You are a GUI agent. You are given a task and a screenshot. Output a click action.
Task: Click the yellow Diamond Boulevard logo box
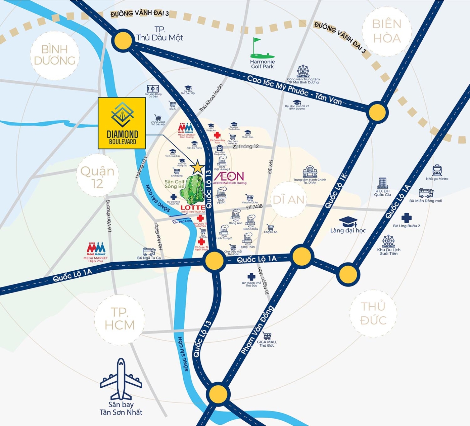point(122,123)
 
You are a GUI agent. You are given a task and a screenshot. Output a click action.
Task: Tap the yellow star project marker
point(197,167)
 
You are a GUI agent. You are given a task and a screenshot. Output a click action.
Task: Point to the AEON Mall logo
point(229,176)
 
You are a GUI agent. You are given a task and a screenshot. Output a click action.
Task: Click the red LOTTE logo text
point(193,207)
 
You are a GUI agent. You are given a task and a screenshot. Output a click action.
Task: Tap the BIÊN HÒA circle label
point(387,31)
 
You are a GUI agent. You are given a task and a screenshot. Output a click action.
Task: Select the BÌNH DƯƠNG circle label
point(55,55)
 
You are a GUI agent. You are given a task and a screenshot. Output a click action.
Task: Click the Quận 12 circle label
point(97,177)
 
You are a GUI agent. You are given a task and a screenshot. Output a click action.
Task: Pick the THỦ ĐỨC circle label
point(373,313)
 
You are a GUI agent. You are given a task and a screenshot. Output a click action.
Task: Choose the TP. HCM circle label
point(120,319)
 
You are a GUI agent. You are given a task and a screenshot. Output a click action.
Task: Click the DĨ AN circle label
point(288,200)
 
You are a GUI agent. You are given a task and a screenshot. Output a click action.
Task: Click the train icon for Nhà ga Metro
point(437,170)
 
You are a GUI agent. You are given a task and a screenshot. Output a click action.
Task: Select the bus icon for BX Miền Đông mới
point(426,193)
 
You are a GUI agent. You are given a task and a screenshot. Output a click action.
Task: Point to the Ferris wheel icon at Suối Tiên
point(388,241)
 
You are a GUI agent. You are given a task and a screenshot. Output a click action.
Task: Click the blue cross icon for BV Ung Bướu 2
point(406,218)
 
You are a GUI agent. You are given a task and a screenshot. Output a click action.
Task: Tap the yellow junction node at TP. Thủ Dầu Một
point(123,41)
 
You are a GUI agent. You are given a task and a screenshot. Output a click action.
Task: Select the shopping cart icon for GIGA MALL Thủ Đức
point(267,336)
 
